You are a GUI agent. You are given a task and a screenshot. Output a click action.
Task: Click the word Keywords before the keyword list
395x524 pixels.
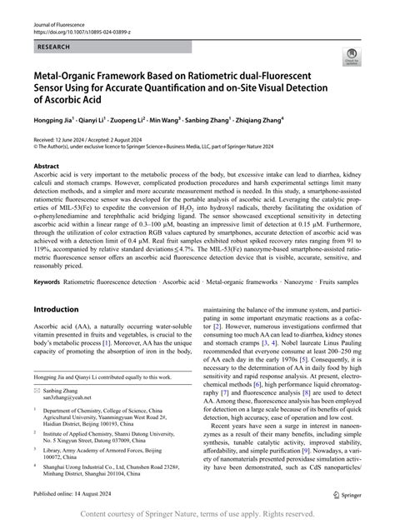click(47, 282)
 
